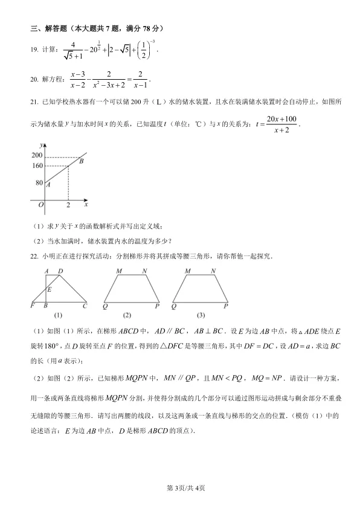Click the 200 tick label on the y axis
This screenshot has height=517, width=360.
coord(36,155)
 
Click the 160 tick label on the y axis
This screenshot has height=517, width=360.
coord(36,165)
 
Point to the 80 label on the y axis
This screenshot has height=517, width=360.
coord(38,182)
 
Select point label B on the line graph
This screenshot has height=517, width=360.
coord(81,161)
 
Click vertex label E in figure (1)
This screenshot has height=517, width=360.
coord(49,289)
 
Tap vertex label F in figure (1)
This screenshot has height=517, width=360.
coord(32,306)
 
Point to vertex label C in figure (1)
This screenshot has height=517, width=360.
coord(85,306)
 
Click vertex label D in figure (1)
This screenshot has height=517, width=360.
coord(60,271)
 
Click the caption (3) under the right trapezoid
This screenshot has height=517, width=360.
coord(201,315)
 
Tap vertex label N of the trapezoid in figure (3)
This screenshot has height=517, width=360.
coord(213,271)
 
